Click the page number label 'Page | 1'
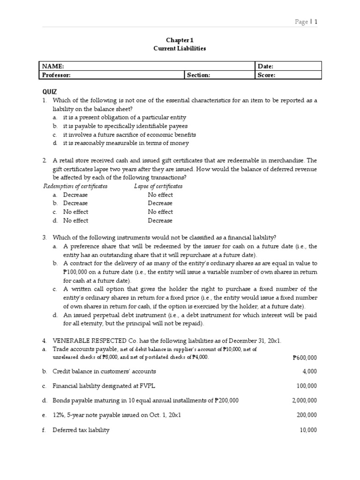click(x=306, y=22)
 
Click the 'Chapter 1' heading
click(x=180, y=40)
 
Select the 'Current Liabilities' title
click(x=180, y=48)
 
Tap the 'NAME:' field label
click(x=53, y=67)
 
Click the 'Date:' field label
click(x=265, y=67)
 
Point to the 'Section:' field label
click(x=199, y=75)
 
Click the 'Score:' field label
click(x=266, y=75)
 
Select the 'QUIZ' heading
click(x=50, y=92)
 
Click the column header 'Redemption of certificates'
click(x=75, y=186)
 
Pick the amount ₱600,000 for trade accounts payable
click(x=304, y=358)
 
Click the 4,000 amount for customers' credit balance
click(x=309, y=371)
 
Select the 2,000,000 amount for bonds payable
click(x=304, y=400)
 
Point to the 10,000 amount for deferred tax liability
click(x=308, y=430)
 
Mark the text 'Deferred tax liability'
click(x=81, y=430)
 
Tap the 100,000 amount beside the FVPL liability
click(x=307, y=386)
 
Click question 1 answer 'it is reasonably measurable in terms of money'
click(x=126, y=143)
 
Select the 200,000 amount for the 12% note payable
click(x=307, y=415)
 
